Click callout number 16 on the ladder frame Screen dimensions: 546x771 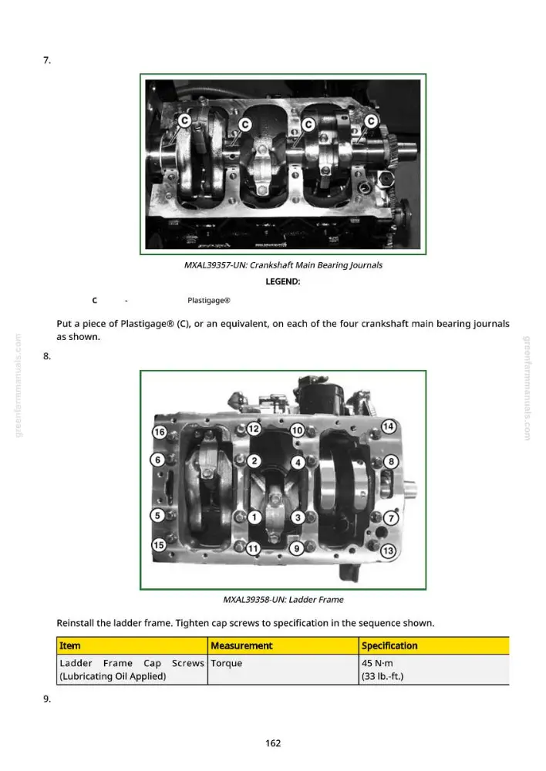tap(159, 433)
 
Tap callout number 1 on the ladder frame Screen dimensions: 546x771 tap(254, 517)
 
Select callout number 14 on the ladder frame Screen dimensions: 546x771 tap(389, 426)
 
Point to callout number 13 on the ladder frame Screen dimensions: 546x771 tap(388, 550)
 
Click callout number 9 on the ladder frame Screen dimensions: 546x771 tap(296, 548)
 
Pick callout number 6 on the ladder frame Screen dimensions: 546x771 tap(157, 460)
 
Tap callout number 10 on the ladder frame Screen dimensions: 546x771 tap(297, 430)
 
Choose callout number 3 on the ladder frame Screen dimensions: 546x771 tap(298, 517)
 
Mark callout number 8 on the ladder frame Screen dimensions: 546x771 tap(391, 461)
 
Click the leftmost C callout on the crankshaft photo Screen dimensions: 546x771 tap(184, 120)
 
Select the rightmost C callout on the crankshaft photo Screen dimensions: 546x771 tap(371, 121)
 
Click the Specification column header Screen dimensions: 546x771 tap(389, 645)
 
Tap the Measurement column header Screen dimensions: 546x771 tap(241, 645)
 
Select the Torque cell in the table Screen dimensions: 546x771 tap(226, 663)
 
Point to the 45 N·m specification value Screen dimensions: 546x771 tap(377, 663)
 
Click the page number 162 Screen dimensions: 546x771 tap(273, 743)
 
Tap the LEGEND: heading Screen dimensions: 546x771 tap(283, 281)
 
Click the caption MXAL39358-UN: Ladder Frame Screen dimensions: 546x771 tap(283, 599)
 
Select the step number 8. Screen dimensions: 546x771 tap(47, 356)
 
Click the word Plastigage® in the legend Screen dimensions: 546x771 tap(208, 301)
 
